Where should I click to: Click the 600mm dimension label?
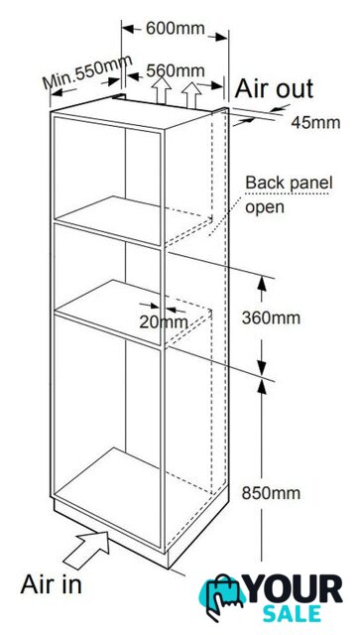[176, 29]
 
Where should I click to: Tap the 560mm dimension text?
[176, 70]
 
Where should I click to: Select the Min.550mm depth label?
[88, 71]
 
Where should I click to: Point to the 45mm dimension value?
[315, 123]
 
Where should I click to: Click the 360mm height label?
[271, 317]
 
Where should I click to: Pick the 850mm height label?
[271, 493]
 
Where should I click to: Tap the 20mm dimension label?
[164, 322]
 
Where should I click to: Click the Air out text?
[274, 88]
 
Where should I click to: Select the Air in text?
[51, 584]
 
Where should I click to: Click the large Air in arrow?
[87, 550]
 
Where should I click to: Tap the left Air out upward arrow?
[162, 90]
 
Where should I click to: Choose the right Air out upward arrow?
[191, 95]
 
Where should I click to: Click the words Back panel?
[289, 183]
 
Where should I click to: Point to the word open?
[265, 207]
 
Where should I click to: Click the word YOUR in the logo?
[295, 589]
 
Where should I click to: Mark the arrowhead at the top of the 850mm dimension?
[262, 388]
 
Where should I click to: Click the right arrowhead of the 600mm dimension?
[220, 38]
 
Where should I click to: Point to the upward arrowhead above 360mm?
[262, 285]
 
